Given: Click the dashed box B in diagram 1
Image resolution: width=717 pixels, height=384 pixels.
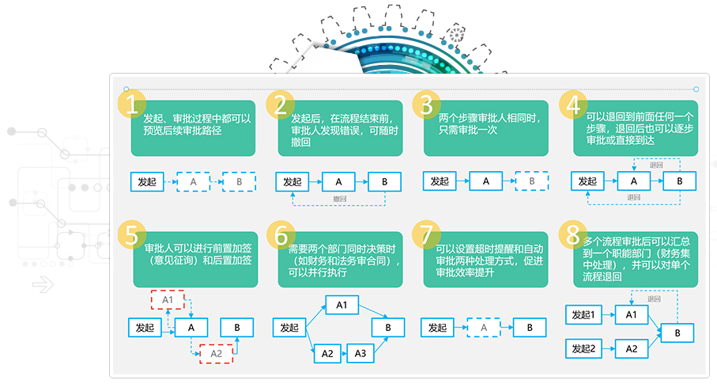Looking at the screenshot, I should [238, 182].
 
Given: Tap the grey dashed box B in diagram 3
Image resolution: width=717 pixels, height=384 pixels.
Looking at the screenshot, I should [532, 182].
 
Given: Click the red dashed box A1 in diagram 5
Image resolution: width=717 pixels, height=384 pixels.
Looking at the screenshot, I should [168, 300].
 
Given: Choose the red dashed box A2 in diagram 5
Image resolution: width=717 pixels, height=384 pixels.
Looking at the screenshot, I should [215, 353].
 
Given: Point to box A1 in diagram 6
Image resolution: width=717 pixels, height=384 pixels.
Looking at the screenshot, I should [342, 305].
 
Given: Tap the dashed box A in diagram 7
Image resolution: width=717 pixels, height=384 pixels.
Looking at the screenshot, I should [484, 326].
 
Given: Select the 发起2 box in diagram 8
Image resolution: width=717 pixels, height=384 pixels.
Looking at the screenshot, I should [587, 348].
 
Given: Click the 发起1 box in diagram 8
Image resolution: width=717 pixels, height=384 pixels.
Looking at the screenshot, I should [587, 315].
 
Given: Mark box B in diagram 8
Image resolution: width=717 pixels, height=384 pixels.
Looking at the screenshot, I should [677, 333].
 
